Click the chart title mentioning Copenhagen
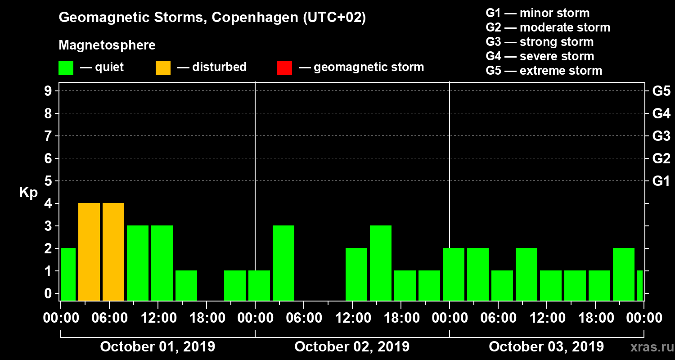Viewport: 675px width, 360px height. [x=212, y=18]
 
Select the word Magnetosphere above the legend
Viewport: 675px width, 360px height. [x=107, y=45]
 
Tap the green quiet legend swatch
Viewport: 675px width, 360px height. [x=66, y=68]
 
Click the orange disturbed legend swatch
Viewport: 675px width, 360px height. [x=163, y=68]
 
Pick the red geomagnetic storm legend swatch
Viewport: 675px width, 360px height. [x=284, y=68]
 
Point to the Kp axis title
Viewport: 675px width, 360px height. [x=28, y=193]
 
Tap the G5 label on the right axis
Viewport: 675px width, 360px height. [x=661, y=91]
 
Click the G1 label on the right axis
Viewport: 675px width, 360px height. [x=661, y=181]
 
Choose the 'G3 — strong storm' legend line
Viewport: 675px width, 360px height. [x=540, y=42]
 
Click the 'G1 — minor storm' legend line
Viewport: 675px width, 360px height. [x=537, y=13]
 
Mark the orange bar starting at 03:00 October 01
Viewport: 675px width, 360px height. [x=89, y=252]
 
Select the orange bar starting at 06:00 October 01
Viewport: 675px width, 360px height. [x=113, y=252]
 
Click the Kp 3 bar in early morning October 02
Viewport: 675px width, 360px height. [x=283, y=263]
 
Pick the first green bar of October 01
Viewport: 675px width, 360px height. [x=68, y=274]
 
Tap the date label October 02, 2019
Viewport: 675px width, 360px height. [x=352, y=347]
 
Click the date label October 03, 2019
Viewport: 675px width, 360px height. [x=546, y=347]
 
